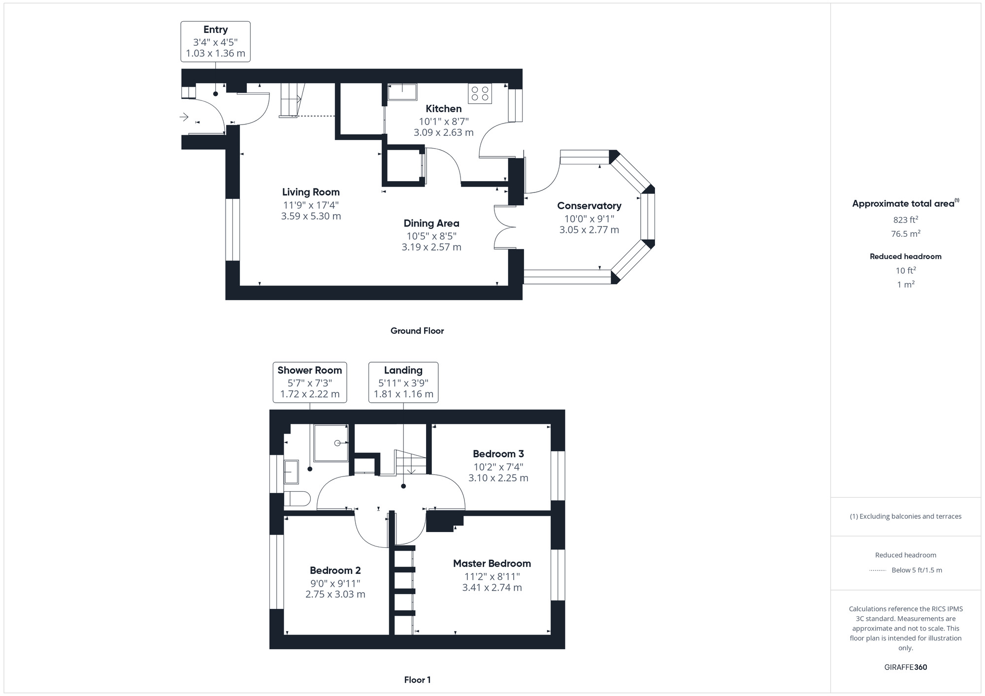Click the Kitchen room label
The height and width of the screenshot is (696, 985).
pos(444,109)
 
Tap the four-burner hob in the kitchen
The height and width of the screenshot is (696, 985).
pos(480,94)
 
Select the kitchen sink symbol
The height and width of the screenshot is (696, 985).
pos(402,92)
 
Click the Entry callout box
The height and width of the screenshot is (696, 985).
pos(215,41)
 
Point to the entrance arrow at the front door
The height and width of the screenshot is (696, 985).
pos(184,117)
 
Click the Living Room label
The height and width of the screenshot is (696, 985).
pos(311,192)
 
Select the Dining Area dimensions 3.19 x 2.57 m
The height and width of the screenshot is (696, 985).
pos(431,247)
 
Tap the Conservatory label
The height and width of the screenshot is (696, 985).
pos(589,206)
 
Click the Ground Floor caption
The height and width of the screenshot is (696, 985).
pos(417,331)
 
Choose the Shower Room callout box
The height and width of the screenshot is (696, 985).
pos(310,382)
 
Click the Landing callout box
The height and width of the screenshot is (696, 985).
pos(403,382)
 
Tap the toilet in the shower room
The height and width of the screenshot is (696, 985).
pos(297,499)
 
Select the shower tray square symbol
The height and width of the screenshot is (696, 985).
pos(331,443)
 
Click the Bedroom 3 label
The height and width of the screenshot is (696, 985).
pos(498,454)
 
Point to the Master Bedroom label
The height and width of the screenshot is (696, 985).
pos(492,564)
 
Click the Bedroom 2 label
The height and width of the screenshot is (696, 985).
pos(335,570)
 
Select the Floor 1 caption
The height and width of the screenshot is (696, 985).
pos(418,680)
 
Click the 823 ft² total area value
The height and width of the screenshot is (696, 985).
pos(906,220)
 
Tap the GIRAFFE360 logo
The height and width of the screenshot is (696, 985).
pos(906,667)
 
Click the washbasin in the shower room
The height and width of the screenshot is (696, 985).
pos(292,472)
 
